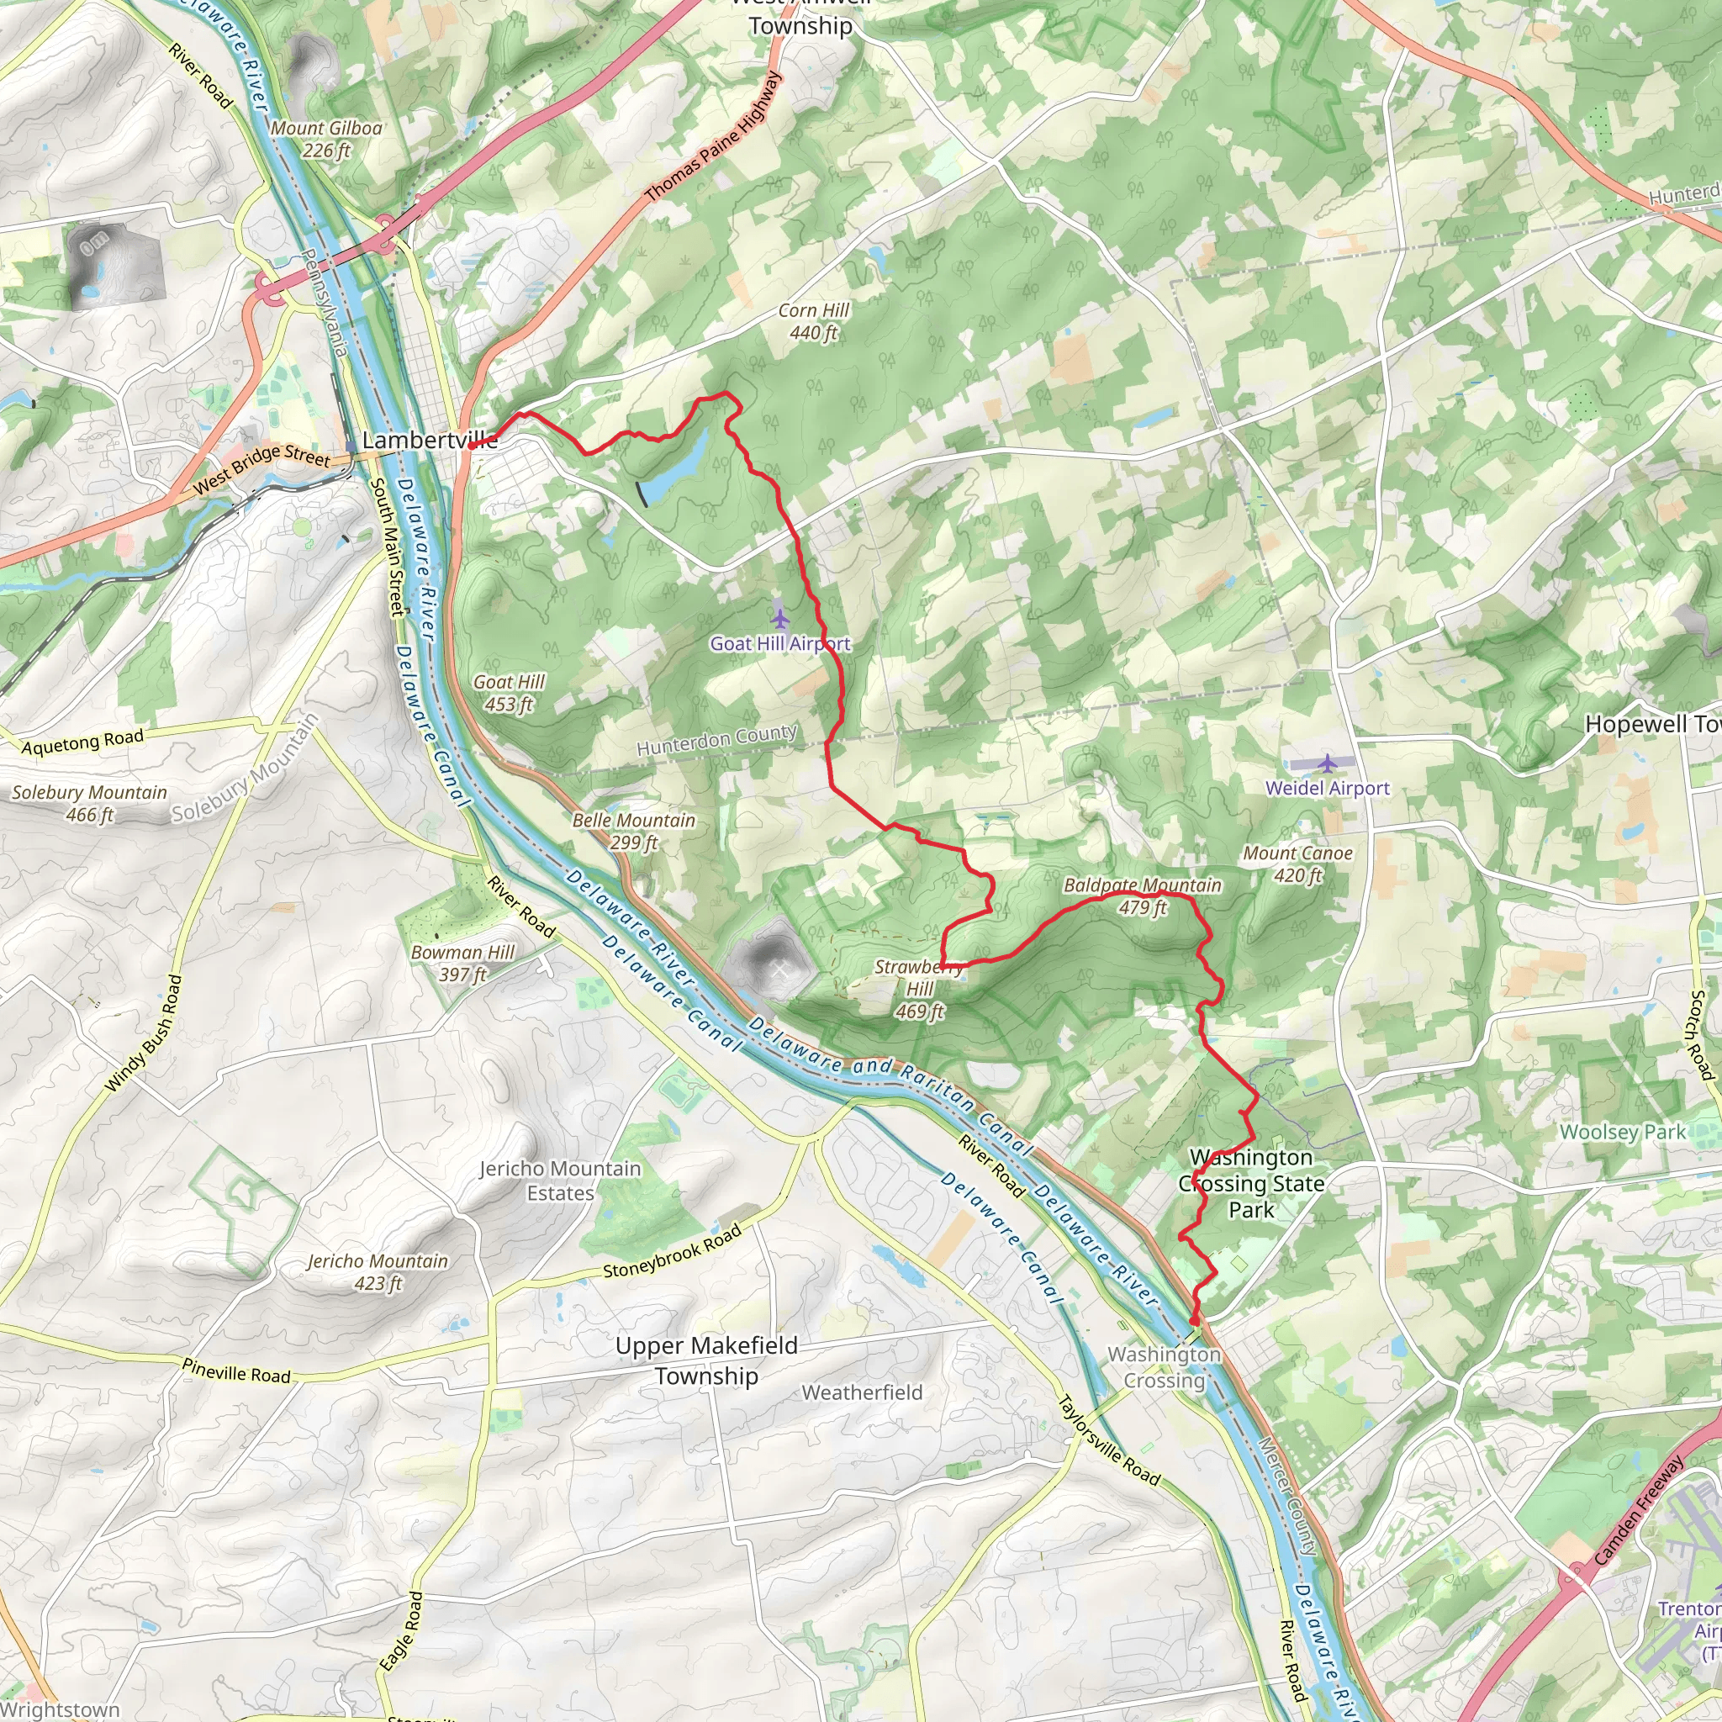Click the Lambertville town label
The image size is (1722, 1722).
(430, 441)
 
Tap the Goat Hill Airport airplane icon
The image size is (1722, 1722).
(780, 617)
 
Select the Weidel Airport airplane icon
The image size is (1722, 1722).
(1327, 763)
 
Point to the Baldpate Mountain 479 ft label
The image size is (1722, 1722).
(1143, 895)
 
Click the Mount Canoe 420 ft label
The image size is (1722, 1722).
(1297, 864)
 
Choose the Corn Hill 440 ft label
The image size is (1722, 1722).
(814, 322)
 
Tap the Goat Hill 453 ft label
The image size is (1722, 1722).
(508, 693)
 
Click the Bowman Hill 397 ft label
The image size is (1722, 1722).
(462, 963)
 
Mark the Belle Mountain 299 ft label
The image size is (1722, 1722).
(634, 831)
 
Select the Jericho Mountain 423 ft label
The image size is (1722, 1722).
(378, 1272)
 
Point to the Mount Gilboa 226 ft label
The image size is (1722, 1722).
(326, 139)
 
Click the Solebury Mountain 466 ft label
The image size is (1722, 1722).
(89, 803)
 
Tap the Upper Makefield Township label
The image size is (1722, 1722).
(707, 1360)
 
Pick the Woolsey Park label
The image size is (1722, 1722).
(1622, 1132)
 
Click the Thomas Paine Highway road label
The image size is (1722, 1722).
(713, 135)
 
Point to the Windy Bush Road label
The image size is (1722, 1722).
(144, 1034)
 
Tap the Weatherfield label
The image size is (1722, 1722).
(862, 1392)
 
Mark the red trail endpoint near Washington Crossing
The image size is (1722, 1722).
(1194, 1321)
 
